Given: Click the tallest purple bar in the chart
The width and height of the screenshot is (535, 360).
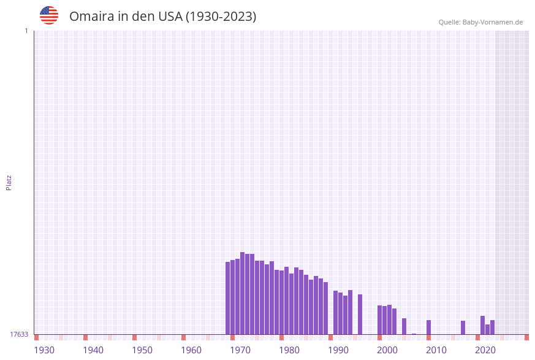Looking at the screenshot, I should coord(243,293).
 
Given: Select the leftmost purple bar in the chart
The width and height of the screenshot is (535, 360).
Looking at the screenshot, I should coord(228,298).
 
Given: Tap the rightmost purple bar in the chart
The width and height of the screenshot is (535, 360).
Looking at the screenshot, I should coord(492,327).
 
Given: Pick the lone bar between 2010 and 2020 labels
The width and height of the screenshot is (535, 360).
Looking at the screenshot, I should coord(463,327).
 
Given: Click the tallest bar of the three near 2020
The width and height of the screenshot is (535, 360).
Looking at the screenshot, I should coord(483,325).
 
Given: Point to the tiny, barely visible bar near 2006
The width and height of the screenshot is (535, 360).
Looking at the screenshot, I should coord(414,334).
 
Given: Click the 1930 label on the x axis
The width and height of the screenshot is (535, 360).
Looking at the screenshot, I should coord(44,350).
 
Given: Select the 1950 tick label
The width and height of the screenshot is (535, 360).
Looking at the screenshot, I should coord(142,350).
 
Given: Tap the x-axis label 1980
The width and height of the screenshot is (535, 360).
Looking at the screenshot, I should coord(289,350).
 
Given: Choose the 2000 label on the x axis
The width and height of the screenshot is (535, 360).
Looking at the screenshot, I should coord(387,350).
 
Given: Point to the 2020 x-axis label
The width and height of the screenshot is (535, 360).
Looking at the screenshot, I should coord(485,350).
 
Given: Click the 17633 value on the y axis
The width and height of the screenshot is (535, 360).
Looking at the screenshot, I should coord(19,334).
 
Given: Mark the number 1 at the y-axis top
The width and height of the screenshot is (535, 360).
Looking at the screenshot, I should coord(26,31).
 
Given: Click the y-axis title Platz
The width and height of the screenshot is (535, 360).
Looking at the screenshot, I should coord(9,182).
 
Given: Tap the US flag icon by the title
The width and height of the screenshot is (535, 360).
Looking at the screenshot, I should coord(49,15).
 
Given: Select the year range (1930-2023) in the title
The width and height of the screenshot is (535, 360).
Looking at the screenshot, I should coord(221,17).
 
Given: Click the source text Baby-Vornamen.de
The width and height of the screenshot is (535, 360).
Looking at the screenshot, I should coord(493,22).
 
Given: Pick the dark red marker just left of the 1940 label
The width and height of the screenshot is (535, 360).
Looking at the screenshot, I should coord(86,337).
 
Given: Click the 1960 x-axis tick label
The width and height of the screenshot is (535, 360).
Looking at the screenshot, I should coord(191,350).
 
